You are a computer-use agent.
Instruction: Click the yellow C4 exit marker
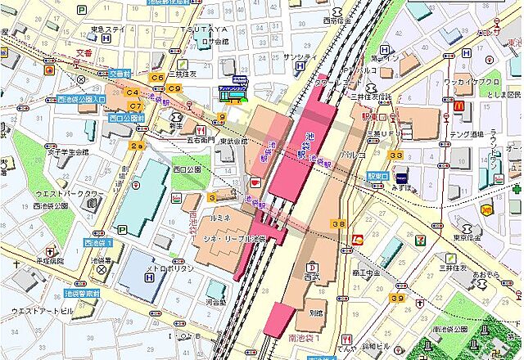[133, 94]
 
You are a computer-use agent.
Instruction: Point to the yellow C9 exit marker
[174, 88]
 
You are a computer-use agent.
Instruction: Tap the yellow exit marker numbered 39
[397, 299]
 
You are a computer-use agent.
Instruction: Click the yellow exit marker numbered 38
[337, 223]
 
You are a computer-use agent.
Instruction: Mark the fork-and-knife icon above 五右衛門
[198, 130]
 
